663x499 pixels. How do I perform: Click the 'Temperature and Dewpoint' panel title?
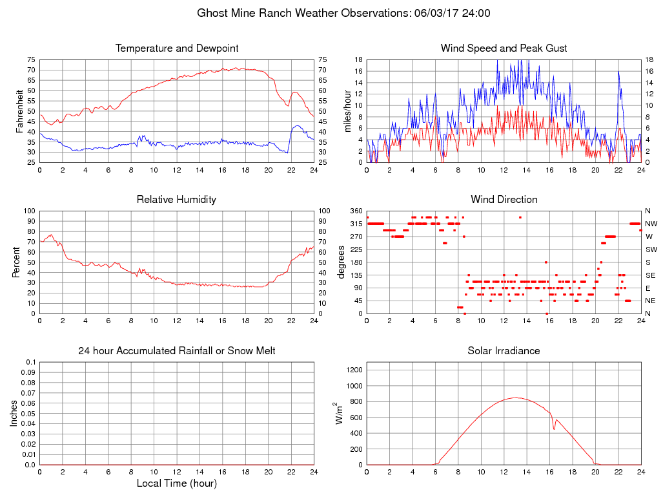click(177, 48)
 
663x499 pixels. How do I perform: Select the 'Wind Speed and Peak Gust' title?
click(504, 48)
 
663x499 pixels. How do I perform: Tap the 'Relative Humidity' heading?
click(177, 200)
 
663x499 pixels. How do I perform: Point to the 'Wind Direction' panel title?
click(504, 200)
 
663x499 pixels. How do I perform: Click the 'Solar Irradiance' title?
click(504, 351)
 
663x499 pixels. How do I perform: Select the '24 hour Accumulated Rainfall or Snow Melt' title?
click(177, 351)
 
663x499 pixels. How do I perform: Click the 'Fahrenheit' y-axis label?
click(19, 111)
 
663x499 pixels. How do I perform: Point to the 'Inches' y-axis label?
click(14, 414)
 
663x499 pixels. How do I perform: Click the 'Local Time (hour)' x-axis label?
click(177, 483)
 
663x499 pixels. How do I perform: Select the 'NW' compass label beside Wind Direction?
click(648, 224)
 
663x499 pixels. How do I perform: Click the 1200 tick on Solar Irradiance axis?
click(354, 370)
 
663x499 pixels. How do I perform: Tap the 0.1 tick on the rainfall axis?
click(30, 362)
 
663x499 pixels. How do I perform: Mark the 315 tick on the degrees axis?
click(356, 224)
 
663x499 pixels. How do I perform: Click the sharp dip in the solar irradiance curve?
click(554, 429)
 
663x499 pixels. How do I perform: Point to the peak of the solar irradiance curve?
click(516, 398)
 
